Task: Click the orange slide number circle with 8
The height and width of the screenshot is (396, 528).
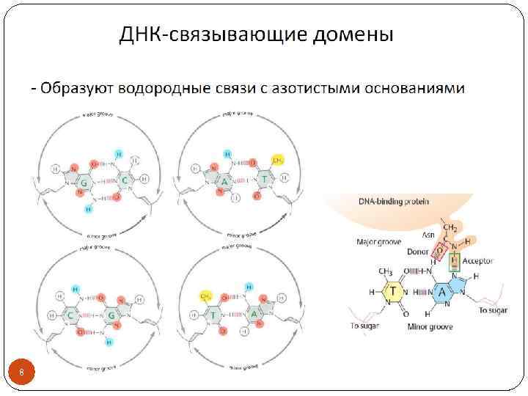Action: pos(22,374)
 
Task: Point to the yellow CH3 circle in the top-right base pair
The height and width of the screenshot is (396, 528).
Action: pos(278,160)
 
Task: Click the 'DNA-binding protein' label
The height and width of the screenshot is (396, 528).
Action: pos(394,200)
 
